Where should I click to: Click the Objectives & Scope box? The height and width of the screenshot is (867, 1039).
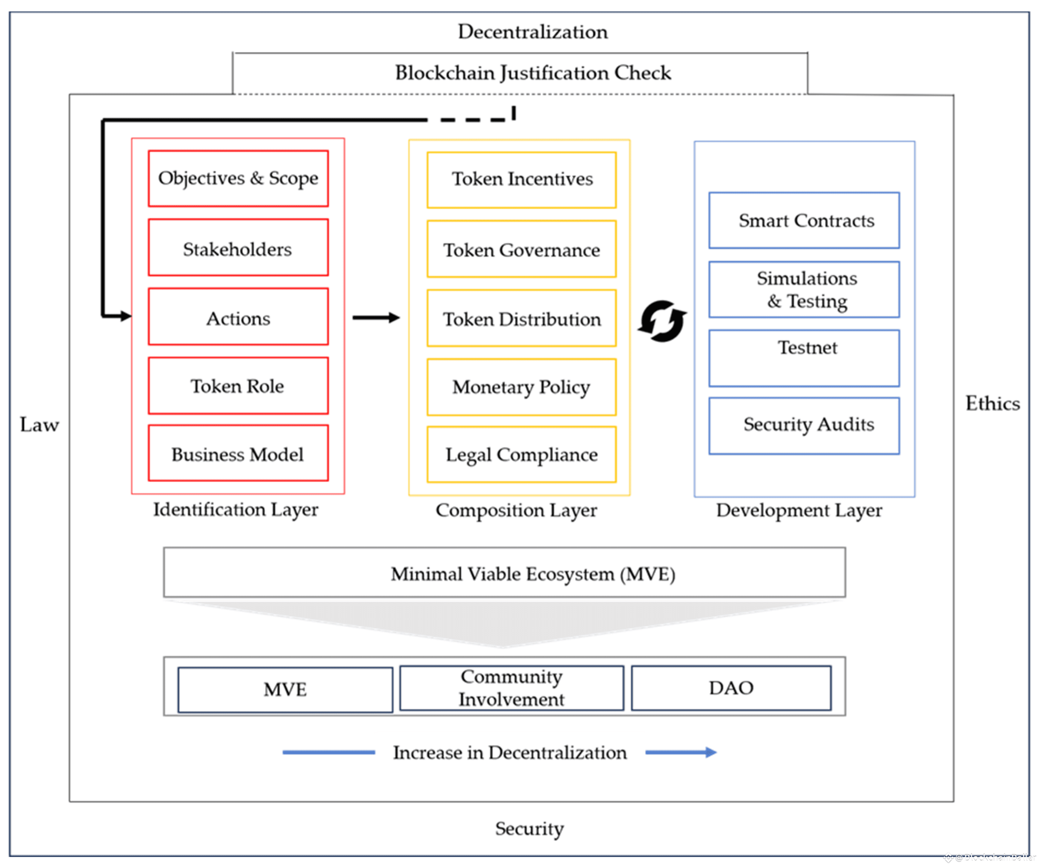[238, 178]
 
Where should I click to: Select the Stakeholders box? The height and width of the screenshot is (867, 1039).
[238, 247]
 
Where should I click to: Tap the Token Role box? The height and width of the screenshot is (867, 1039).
[238, 386]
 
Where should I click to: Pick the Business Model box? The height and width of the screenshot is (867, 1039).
[238, 453]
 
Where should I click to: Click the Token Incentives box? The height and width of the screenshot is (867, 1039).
[521, 180]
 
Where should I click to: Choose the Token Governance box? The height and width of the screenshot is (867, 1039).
[521, 249]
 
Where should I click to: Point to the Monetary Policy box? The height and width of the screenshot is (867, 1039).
[521, 387]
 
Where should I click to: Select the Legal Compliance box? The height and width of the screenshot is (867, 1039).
[521, 454]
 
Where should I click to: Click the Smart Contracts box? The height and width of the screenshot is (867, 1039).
[804, 220]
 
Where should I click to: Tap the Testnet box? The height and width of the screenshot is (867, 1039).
[804, 358]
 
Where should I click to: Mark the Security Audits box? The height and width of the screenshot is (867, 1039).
[804, 426]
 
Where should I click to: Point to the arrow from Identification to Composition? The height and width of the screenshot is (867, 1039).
[376, 318]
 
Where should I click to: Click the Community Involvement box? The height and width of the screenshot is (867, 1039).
[512, 688]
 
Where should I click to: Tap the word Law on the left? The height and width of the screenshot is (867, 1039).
[39, 424]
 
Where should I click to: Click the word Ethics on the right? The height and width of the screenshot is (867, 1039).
[992, 403]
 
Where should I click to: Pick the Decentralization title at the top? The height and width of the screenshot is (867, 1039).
[532, 32]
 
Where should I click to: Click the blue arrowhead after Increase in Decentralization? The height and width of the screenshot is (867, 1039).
[711, 752]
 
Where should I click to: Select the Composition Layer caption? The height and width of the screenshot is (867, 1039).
[516, 510]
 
